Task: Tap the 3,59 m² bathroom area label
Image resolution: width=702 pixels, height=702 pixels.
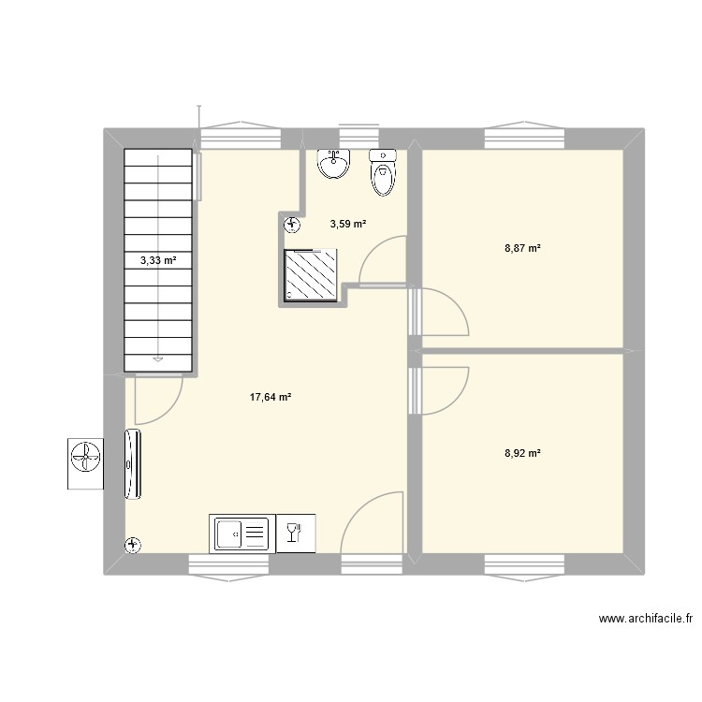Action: tap(347, 224)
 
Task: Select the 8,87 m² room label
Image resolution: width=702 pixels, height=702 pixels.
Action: tap(522, 248)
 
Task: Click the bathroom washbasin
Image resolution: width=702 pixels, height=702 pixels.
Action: tap(334, 164)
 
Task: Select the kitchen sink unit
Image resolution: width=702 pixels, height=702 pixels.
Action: tap(240, 534)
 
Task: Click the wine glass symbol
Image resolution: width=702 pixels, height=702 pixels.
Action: tap(293, 534)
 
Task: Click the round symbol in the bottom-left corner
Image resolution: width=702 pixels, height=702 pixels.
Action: tap(133, 544)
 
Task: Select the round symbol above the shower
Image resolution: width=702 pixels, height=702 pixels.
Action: tap(293, 224)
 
